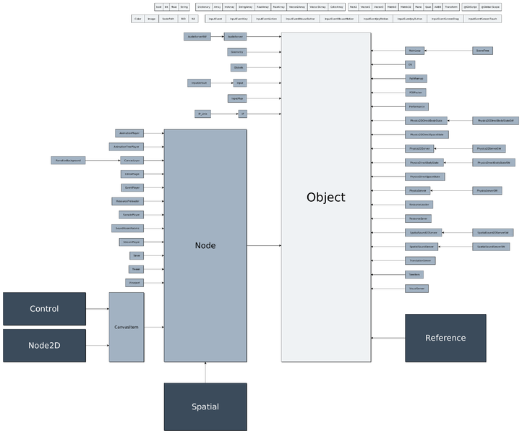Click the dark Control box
[44, 309]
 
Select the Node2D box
[44, 345]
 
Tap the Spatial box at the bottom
[205, 407]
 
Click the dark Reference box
[445, 338]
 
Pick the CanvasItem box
[127, 327]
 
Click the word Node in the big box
[205, 246]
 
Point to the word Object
[325, 197]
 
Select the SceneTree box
[482, 51]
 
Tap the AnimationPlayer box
[130, 133]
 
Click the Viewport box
[135, 282]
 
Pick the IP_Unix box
[202, 114]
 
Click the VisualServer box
[416, 288]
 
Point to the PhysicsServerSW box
[488, 190]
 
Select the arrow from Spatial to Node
[205, 373]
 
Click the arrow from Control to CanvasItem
[98, 309]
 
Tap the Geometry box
[236, 52]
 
